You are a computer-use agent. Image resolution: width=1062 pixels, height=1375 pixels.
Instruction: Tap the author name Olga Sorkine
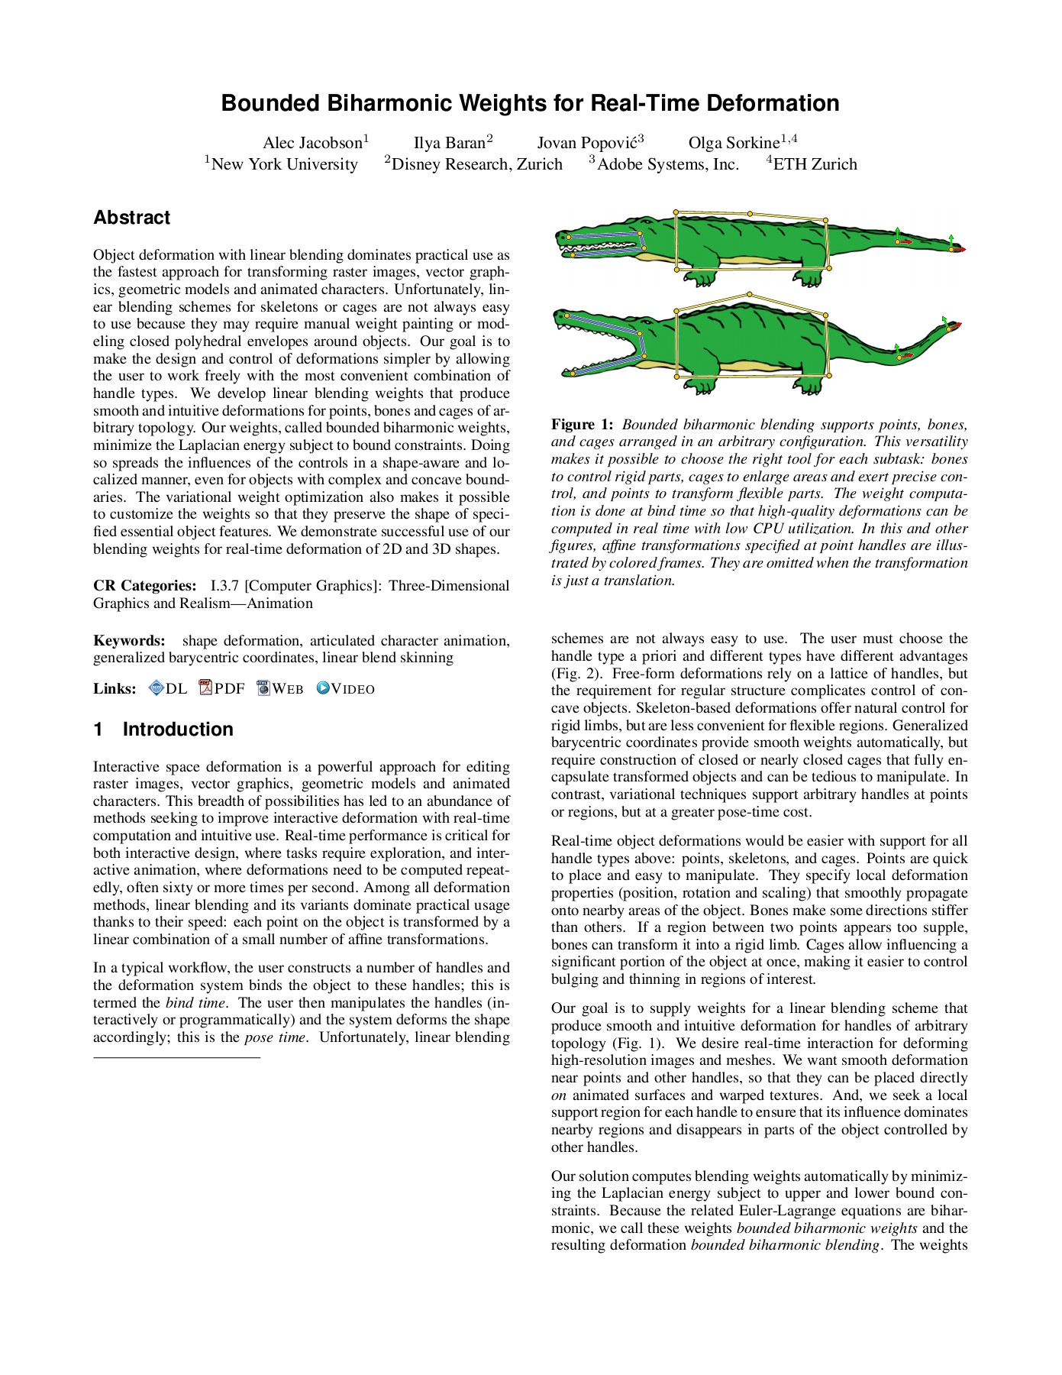pyautogui.click(x=734, y=143)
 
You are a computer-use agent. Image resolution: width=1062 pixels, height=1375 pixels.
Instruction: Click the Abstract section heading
pyautogui.click(x=131, y=218)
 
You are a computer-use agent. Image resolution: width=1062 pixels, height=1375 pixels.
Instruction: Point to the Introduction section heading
pyautogui.click(x=177, y=730)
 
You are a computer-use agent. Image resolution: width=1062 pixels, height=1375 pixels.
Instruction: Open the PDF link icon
pyautogui.click(x=205, y=687)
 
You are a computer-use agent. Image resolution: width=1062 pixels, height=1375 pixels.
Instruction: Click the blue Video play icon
pyautogui.click(x=323, y=688)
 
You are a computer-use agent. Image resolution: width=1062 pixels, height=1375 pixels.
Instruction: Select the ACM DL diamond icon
pyautogui.click(x=157, y=688)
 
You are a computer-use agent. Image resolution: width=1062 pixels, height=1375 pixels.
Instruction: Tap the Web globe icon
pyautogui.click(x=263, y=688)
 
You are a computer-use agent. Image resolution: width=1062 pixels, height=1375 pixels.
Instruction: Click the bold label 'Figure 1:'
pyautogui.click(x=582, y=425)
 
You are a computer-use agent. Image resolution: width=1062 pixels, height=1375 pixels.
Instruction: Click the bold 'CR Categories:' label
pyautogui.click(x=144, y=586)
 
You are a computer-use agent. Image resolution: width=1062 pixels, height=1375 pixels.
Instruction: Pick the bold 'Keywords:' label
pyautogui.click(x=129, y=641)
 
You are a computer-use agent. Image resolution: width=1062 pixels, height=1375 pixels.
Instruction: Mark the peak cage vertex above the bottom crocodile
pyautogui.click(x=750, y=294)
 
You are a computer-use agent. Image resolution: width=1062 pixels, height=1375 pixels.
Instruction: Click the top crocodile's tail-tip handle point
pyautogui.click(x=951, y=248)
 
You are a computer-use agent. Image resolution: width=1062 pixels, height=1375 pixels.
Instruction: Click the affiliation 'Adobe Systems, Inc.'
pyautogui.click(x=667, y=164)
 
